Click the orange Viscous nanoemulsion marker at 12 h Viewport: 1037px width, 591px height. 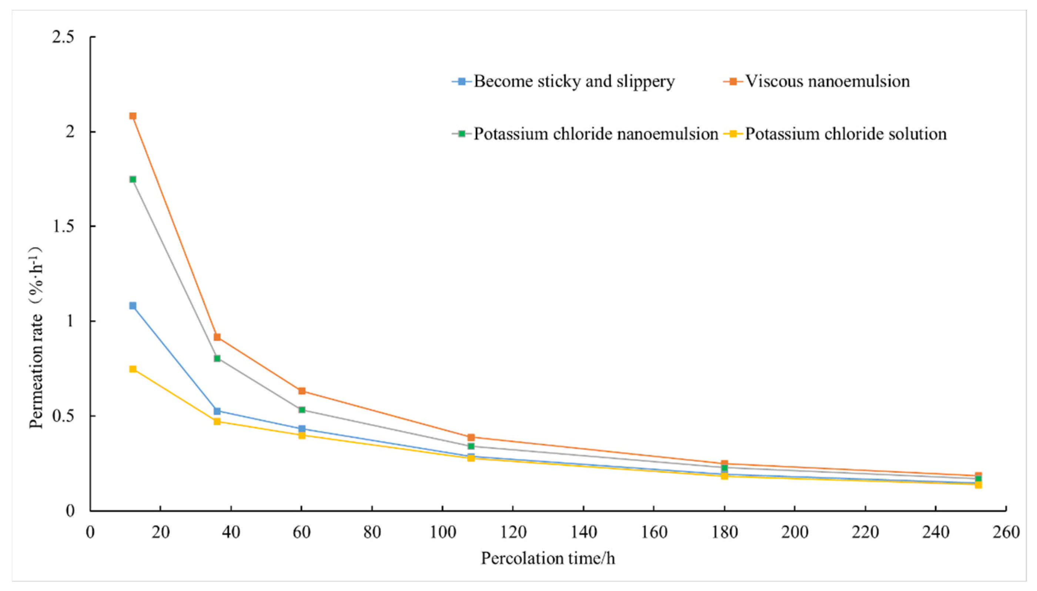(133, 116)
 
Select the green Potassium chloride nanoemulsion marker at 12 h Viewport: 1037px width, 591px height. (133, 179)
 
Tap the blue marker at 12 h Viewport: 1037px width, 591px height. (133, 306)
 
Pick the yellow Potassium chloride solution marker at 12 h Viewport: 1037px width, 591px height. (133, 369)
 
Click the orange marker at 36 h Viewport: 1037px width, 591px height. (217, 337)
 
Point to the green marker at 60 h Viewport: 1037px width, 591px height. (302, 410)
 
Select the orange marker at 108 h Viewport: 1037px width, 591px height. (471, 437)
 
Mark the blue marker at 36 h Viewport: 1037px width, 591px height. (217, 411)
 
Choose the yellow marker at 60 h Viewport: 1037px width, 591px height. (302, 435)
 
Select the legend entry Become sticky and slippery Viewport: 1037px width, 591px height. (563, 81)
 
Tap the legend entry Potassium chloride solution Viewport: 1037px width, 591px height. (835, 134)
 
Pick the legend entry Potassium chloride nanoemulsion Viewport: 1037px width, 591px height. (585, 134)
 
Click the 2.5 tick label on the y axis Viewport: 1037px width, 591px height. (64, 37)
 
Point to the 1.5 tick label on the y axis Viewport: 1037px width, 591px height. (64, 226)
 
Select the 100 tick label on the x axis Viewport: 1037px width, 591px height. (442, 532)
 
